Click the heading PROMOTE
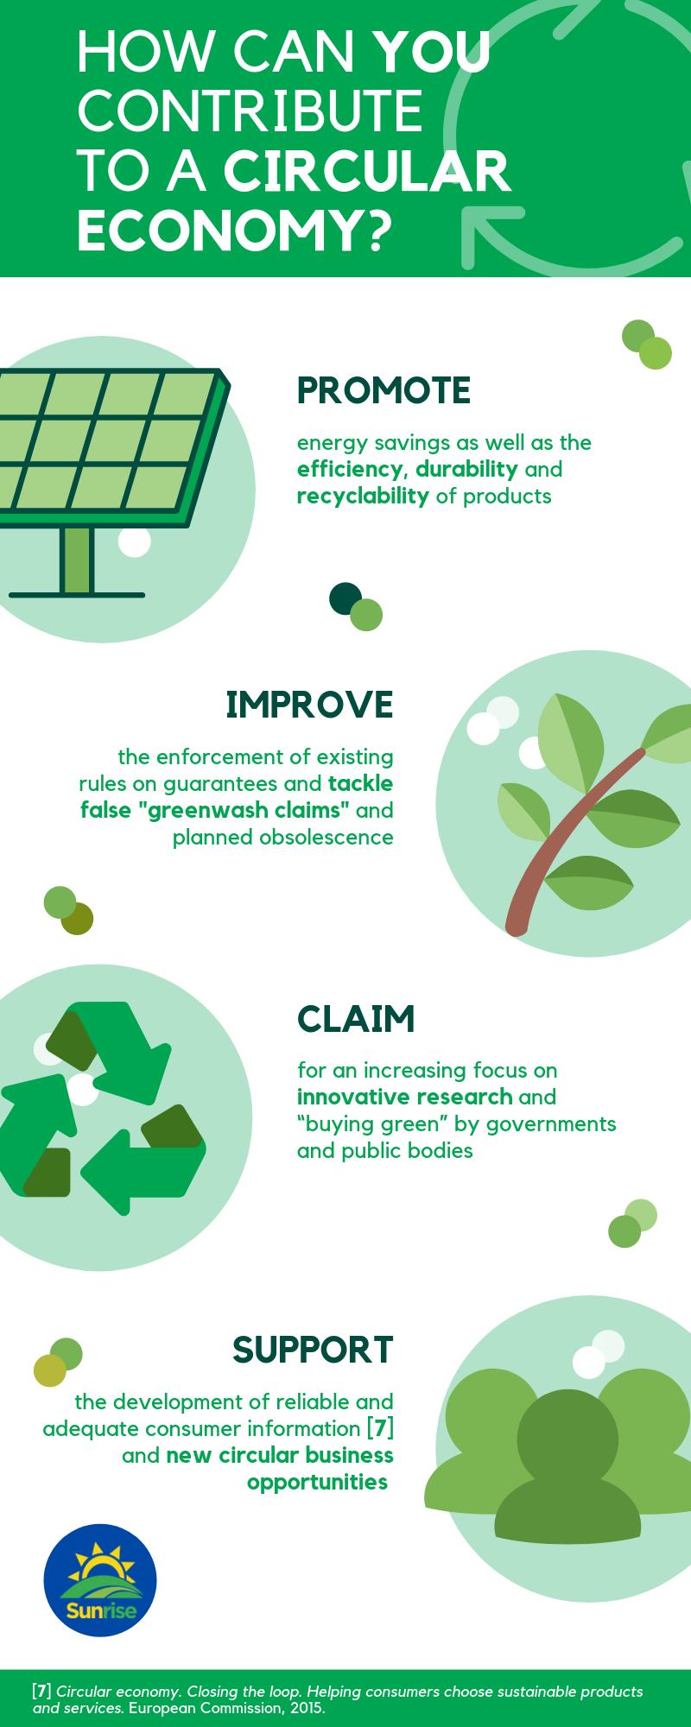click(384, 390)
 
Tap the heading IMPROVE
click(309, 705)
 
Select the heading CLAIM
click(356, 1019)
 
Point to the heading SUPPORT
click(313, 1349)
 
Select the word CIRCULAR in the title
click(367, 171)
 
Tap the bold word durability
click(466, 470)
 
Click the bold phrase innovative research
click(404, 1098)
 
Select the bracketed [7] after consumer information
click(381, 1427)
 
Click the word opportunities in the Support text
click(317, 1482)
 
